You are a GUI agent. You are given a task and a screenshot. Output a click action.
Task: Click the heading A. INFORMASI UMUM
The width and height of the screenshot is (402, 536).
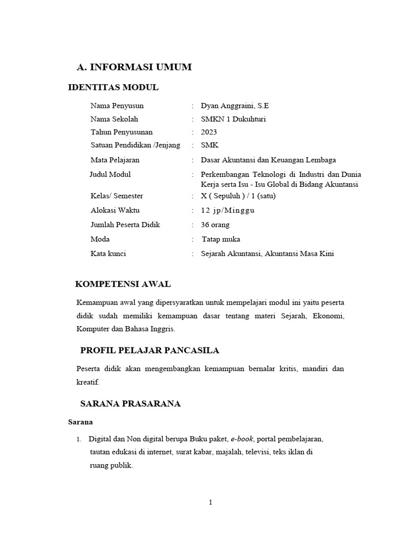click(134, 67)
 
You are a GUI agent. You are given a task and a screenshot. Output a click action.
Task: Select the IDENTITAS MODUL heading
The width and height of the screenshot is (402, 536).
click(114, 87)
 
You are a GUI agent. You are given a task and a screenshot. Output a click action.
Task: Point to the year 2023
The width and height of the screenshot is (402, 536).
click(208, 132)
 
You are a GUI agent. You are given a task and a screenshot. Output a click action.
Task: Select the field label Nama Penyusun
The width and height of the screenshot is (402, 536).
click(117, 105)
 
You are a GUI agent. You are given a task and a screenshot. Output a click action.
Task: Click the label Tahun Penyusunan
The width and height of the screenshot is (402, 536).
click(121, 132)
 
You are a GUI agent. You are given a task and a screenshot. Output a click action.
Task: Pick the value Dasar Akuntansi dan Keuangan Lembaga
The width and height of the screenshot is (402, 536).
click(268, 160)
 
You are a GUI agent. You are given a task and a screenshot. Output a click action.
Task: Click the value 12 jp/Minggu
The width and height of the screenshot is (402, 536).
click(228, 210)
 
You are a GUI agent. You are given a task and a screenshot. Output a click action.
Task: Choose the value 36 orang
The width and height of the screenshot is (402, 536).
click(215, 225)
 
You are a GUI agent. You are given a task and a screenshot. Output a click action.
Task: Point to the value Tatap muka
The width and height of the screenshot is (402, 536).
click(221, 239)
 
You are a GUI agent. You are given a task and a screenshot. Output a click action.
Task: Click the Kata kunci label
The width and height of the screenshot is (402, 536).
click(108, 253)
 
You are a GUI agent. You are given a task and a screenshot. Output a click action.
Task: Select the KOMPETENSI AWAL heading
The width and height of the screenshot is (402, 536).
click(123, 284)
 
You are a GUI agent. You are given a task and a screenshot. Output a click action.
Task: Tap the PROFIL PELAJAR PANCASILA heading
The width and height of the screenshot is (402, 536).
click(150, 350)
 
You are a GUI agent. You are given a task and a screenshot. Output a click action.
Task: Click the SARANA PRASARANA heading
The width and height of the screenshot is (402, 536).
click(130, 404)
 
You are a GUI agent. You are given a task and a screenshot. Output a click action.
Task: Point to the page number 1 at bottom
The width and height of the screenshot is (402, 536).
click(210, 502)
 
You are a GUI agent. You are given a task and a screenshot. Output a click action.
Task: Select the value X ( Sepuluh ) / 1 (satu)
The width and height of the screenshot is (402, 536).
click(238, 196)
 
